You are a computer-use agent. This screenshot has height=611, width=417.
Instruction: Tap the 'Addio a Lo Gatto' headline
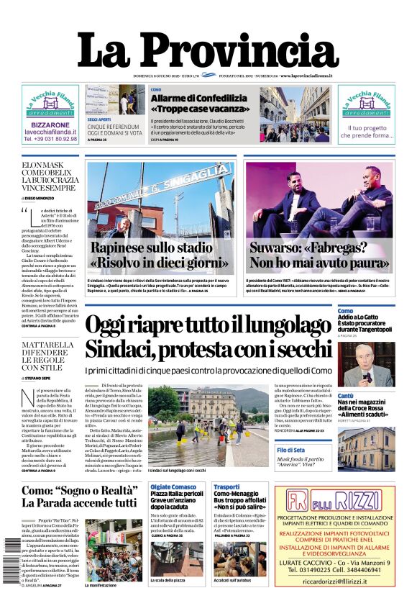(362, 317)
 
